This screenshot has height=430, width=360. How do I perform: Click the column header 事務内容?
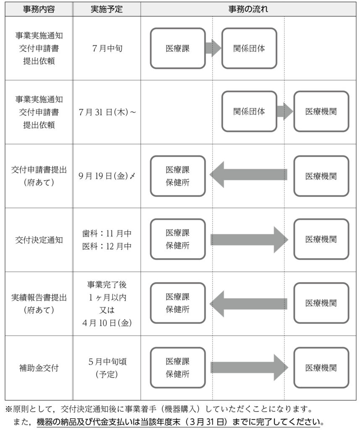pyautogui.click(x=39, y=9)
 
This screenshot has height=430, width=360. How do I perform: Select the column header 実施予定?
pyautogui.click(x=107, y=9)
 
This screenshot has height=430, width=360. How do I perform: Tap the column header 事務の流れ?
pyautogui.click(x=248, y=9)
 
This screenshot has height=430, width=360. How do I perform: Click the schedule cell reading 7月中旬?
pyautogui.click(x=107, y=49)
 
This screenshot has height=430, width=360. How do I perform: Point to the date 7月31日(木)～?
pyautogui.click(x=107, y=112)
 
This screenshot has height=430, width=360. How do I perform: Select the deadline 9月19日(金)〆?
pyautogui.click(x=107, y=176)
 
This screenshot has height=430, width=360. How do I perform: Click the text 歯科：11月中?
pyautogui.click(x=107, y=233)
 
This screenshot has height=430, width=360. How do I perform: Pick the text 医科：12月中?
pyautogui.click(x=107, y=246)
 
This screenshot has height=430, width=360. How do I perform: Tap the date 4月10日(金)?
pyautogui.click(x=107, y=323)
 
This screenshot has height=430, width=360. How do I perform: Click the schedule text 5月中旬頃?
pyautogui.click(x=107, y=362)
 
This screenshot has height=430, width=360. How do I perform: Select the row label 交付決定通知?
pyautogui.click(x=39, y=240)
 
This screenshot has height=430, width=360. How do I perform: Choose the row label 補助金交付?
pyautogui.click(x=39, y=368)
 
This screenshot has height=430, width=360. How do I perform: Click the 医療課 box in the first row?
pyautogui.click(x=177, y=48)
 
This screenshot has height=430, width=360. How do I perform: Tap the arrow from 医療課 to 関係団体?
pyautogui.click(x=213, y=48)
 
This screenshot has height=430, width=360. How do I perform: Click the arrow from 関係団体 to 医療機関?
pyautogui.click(x=285, y=112)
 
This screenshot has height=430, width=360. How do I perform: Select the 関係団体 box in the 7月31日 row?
pyautogui.click(x=249, y=112)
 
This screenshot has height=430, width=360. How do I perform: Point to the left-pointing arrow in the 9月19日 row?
pyautogui.click(x=248, y=175)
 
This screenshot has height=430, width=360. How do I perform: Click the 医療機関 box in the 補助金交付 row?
pyautogui.click(x=321, y=368)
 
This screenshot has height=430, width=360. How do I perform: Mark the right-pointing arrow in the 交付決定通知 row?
pyautogui.click(x=249, y=240)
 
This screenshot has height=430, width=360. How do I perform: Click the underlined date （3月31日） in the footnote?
pyautogui.click(x=210, y=422)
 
